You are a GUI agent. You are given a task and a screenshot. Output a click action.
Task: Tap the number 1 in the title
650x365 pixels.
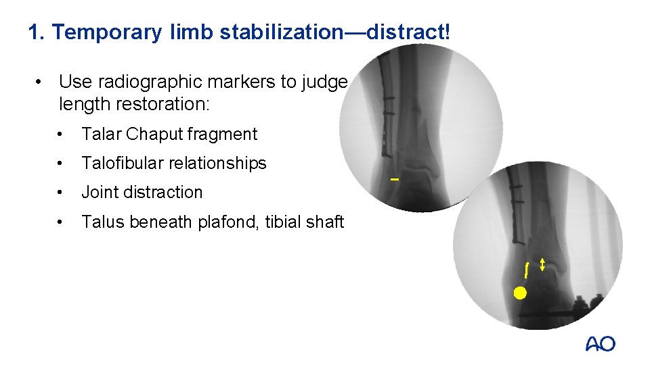(34, 32)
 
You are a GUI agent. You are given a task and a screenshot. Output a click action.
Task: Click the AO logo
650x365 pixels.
(600, 344)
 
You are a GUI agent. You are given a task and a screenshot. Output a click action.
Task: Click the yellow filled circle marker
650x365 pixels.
(519, 293)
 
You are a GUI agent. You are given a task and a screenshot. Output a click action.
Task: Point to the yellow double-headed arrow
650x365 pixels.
(542, 264)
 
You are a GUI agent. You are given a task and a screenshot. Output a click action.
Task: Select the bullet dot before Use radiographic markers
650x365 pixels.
(41, 82)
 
